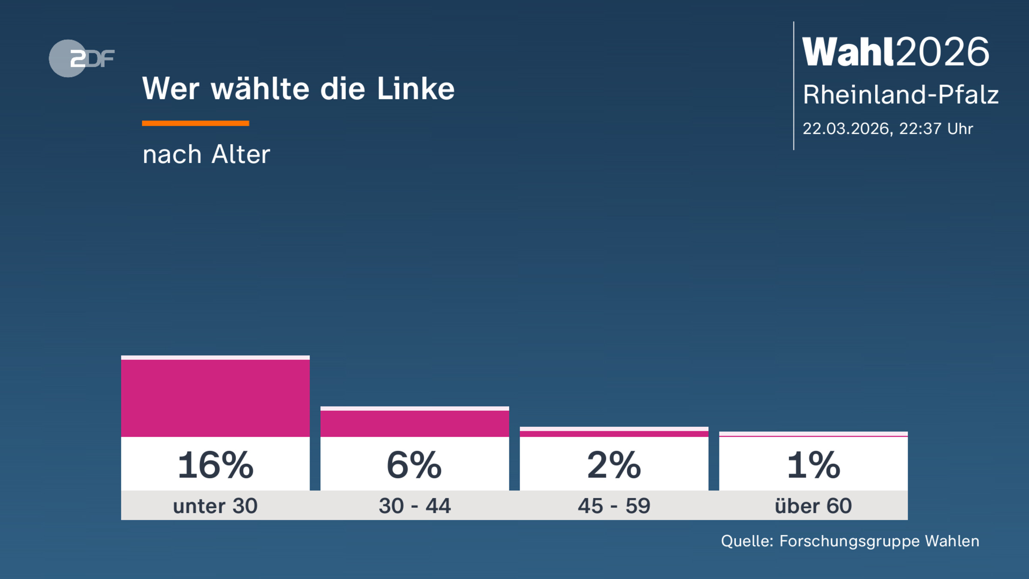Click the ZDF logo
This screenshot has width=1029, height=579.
point(81,58)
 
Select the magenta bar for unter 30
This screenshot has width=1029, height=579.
point(215,398)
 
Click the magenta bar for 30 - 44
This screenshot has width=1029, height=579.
point(415,423)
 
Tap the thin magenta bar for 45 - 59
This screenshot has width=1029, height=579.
point(614,434)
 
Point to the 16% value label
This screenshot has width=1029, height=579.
point(215,465)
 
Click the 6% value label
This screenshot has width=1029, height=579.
point(414,465)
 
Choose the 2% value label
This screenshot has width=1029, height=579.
point(614,465)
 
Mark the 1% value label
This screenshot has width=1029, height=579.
point(813,465)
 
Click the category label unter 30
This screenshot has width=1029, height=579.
point(215,506)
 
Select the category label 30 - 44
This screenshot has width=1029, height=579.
point(415,506)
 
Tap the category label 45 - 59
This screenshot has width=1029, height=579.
point(614,506)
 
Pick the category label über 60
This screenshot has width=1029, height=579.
point(813,506)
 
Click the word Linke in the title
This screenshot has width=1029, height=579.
point(415,89)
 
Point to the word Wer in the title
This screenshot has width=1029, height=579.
point(171,89)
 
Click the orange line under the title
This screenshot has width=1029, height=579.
point(196,123)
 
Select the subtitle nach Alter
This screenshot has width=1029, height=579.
point(206,154)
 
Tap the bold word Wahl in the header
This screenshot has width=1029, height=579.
point(848,52)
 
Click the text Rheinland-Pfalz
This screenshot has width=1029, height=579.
point(900,94)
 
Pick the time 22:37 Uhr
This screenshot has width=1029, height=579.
point(936,129)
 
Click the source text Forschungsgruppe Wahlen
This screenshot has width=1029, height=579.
point(879,541)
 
